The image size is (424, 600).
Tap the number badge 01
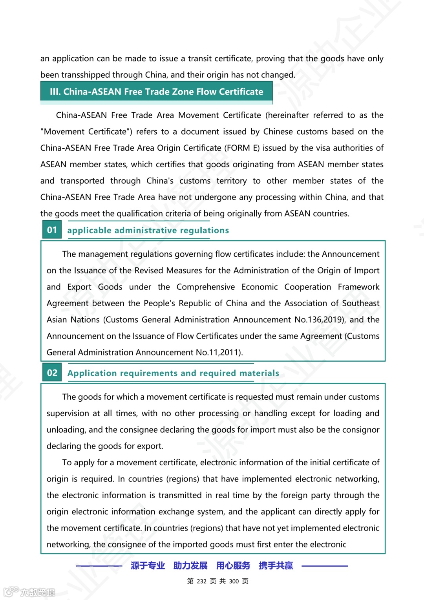[x=52, y=230]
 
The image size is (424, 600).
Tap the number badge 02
[x=52, y=373]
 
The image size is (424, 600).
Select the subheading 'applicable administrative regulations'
[x=148, y=230]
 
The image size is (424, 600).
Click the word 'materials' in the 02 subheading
[x=260, y=373]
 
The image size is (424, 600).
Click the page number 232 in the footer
[x=201, y=581]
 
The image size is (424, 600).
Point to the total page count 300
[x=234, y=581]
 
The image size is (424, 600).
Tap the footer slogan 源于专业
[x=148, y=565]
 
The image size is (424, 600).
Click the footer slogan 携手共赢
[x=276, y=565]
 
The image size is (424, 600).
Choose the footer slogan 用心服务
[x=233, y=565]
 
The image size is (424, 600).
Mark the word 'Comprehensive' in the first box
[x=205, y=287]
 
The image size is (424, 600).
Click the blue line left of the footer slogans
[x=99, y=566]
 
